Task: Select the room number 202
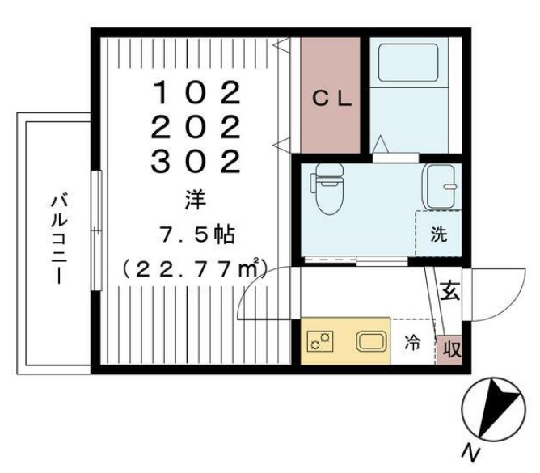point(197,129)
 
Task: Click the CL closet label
point(331,99)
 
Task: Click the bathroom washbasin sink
point(441,186)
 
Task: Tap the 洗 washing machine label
point(438,235)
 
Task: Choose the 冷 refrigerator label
point(411,343)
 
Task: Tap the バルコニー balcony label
point(59,239)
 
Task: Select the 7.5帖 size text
point(196,234)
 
